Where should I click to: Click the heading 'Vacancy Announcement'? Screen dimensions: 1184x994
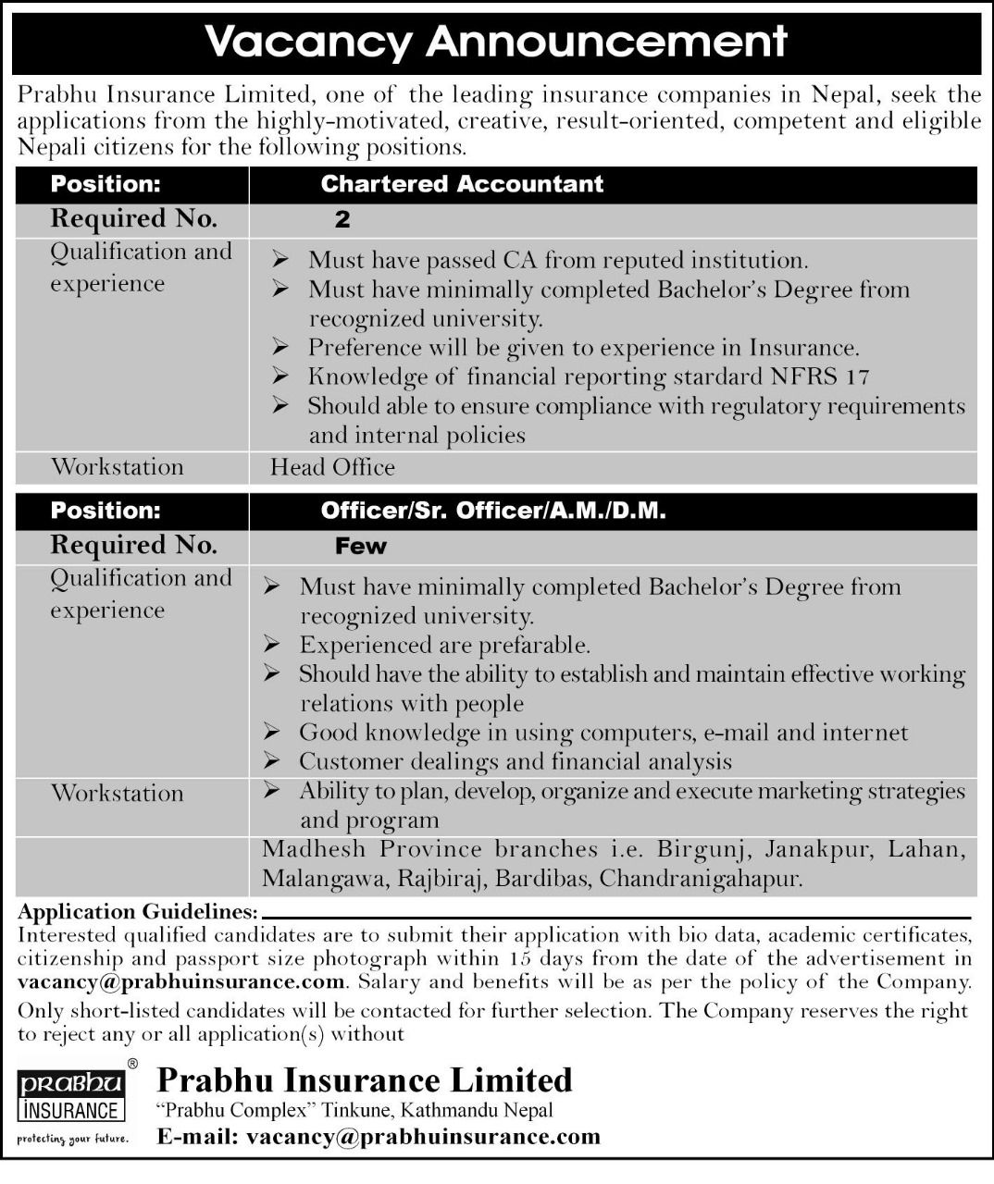click(496, 42)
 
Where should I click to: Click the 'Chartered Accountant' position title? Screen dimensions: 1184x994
click(462, 184)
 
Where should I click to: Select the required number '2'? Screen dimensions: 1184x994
click(343, 220)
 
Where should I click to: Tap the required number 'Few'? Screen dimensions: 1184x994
click(361, 547)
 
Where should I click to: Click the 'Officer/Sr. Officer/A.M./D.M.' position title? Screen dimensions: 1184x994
click(493, 511)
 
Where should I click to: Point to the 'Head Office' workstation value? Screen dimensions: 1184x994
click(332, 467)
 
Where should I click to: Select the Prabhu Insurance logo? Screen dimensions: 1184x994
click(71, 1097)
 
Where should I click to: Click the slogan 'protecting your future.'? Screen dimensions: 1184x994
click(72, 1138)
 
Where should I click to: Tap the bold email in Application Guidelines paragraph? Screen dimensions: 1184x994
click(181, 982)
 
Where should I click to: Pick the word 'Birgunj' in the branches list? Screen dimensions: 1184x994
click(690, 849)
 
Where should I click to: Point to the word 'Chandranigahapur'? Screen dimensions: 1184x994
click(699, 878)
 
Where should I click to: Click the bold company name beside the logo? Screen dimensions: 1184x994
click(365, 1080)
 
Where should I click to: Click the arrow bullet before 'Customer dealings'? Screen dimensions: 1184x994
click(271, 761)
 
